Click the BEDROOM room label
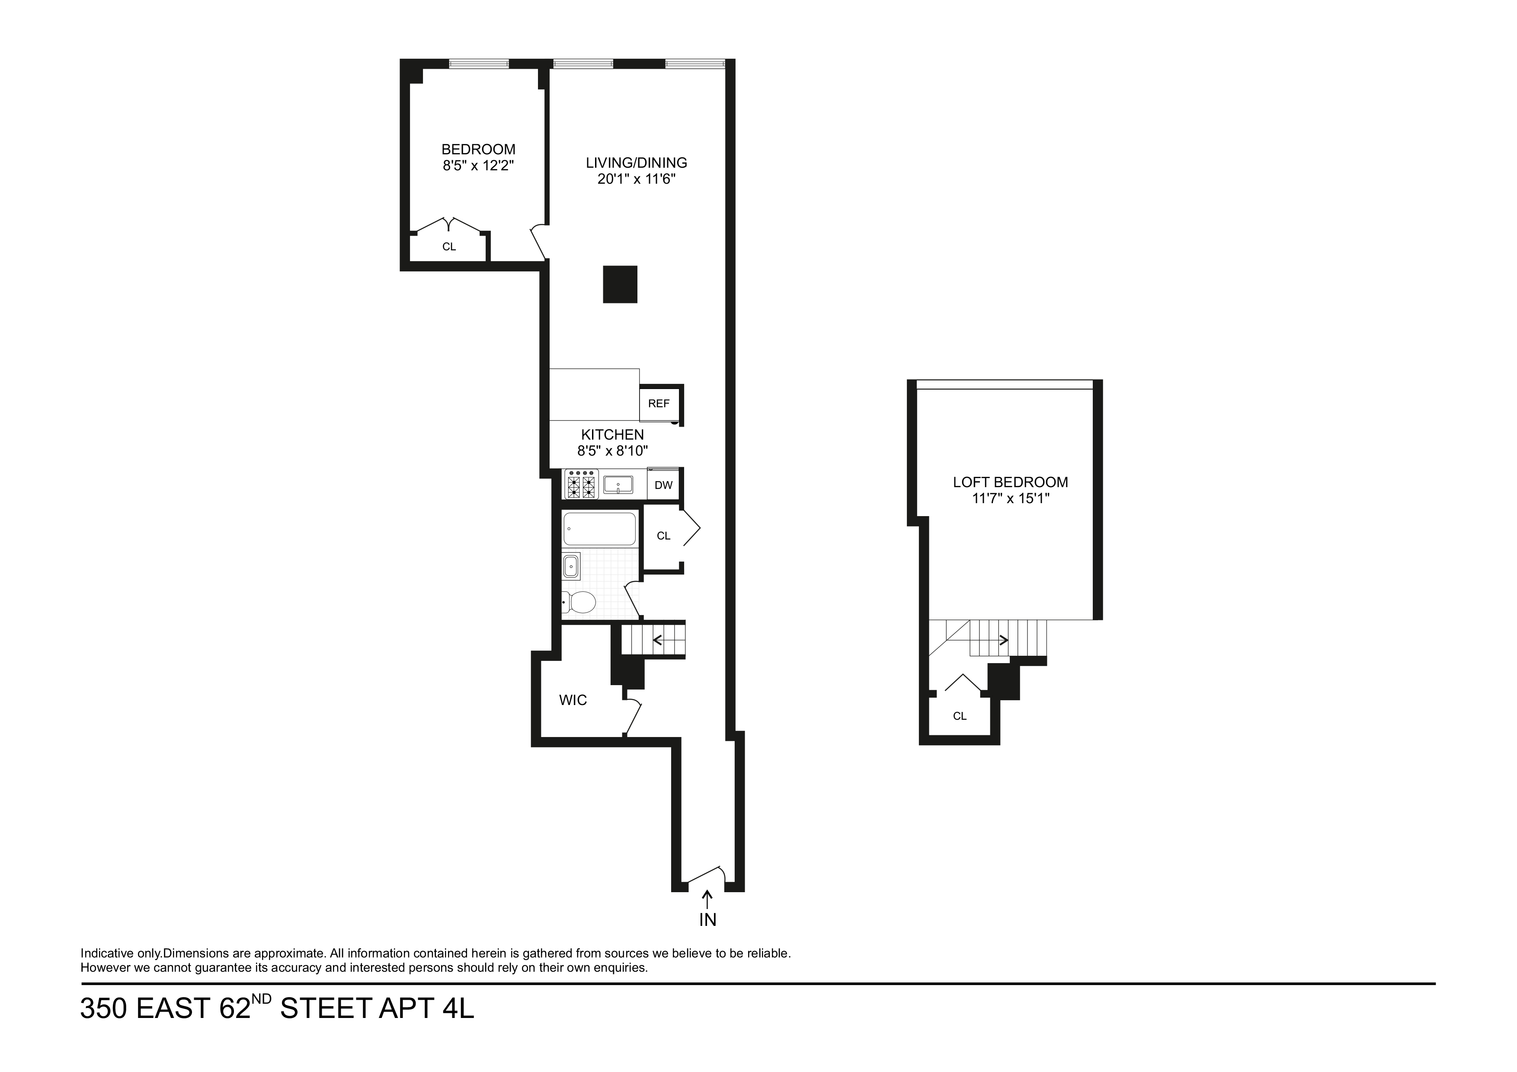(x=478, y=149)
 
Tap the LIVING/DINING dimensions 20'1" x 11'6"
(x=636, y=179)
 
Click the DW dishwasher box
(x=663, y=485)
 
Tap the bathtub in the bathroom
(x=599, y=528)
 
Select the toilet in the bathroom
(x=579, y=602)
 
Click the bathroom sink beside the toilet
(x=571, y=566)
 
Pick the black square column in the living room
(x=620, y=284)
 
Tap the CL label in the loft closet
(x=959, y=716)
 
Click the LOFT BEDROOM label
(x=1010, y=482)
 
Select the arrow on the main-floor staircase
(x=658, y=639)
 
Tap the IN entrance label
(x=707, y=919)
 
